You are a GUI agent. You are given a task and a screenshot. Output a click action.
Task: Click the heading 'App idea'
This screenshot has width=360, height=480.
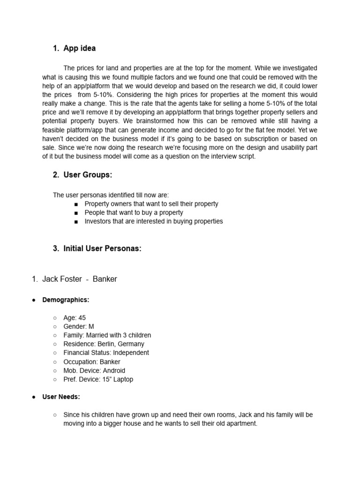coord(79,48)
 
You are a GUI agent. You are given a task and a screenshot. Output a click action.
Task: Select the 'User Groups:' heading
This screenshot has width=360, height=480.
coord(88,175)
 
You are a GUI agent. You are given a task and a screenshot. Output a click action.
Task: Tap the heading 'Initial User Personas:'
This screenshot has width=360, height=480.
coord(102,248)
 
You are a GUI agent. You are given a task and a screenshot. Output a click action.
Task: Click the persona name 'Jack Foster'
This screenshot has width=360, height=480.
coord(62,279)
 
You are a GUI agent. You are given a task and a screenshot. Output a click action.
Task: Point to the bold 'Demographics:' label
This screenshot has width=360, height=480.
coord(66,300)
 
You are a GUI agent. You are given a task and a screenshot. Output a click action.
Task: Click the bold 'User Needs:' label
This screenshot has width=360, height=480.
coord(61,397)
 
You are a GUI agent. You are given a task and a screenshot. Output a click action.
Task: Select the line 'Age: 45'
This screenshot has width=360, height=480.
coord(75,318)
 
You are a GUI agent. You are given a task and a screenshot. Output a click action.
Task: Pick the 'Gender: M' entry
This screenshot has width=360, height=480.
coord(79,326)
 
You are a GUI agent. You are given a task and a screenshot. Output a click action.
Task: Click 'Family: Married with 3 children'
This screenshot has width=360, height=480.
coord(107,335)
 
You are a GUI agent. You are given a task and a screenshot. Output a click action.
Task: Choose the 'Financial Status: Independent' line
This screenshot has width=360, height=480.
coord(106,352)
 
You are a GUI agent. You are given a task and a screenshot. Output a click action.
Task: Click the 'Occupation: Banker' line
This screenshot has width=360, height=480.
coord(91,362)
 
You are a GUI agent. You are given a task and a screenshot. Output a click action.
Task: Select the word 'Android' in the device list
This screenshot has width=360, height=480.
coord(113,370)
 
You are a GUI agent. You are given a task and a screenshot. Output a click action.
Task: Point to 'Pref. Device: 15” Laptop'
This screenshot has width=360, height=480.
coord(98,379)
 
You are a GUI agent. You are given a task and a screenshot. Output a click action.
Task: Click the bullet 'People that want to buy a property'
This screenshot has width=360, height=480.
coord(134,212)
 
